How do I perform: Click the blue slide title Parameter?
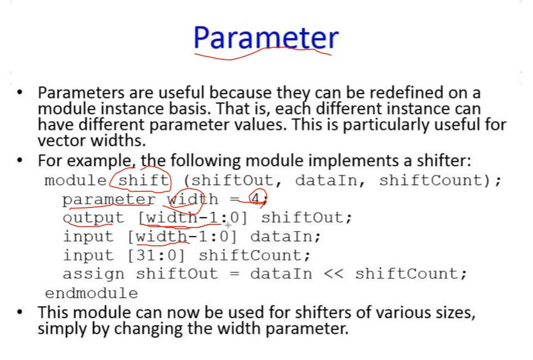[x=266, y=38]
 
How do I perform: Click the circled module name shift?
[x=144, y=180]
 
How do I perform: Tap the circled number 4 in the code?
[x=255, y=199]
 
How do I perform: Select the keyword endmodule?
[x=91, y=293]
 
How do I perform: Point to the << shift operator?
[x=334, y=274]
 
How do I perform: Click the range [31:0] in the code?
[x=157, y=255]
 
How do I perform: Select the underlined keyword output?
[x=93, y=218]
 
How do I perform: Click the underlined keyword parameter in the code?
[x=108, y=199]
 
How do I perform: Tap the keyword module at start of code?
[x=76, y=180]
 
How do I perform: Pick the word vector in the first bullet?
[x=61, y=140]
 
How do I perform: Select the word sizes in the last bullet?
[x=456, y=313]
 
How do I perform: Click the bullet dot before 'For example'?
[x=19, y=160]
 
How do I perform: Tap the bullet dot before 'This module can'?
[x=19, y=312]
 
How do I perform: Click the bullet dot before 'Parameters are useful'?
[x=19, y=92]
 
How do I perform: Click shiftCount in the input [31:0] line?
[x=254, y=255]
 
